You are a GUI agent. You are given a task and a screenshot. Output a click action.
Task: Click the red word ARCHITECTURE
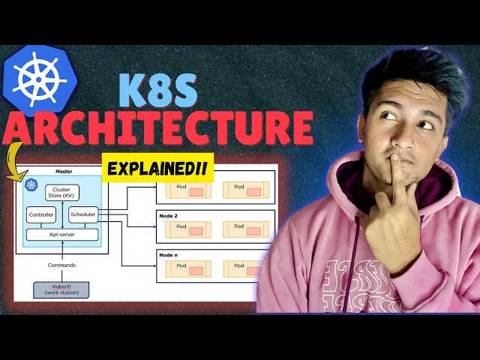point(157,127)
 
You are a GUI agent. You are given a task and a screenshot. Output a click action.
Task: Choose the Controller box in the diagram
point(41,215)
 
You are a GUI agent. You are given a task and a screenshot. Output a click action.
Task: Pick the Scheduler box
point(82,215)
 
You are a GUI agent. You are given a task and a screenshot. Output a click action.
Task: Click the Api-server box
point(62,234)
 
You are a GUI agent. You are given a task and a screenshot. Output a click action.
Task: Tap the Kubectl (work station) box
point(61,289)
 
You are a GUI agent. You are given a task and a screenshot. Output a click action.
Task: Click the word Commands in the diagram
point(61,264)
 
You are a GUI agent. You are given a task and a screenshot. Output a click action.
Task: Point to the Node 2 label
point(168,216)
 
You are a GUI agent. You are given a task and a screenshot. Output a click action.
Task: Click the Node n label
point(168,255)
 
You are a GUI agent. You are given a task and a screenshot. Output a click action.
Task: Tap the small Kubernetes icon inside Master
point(31,184)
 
